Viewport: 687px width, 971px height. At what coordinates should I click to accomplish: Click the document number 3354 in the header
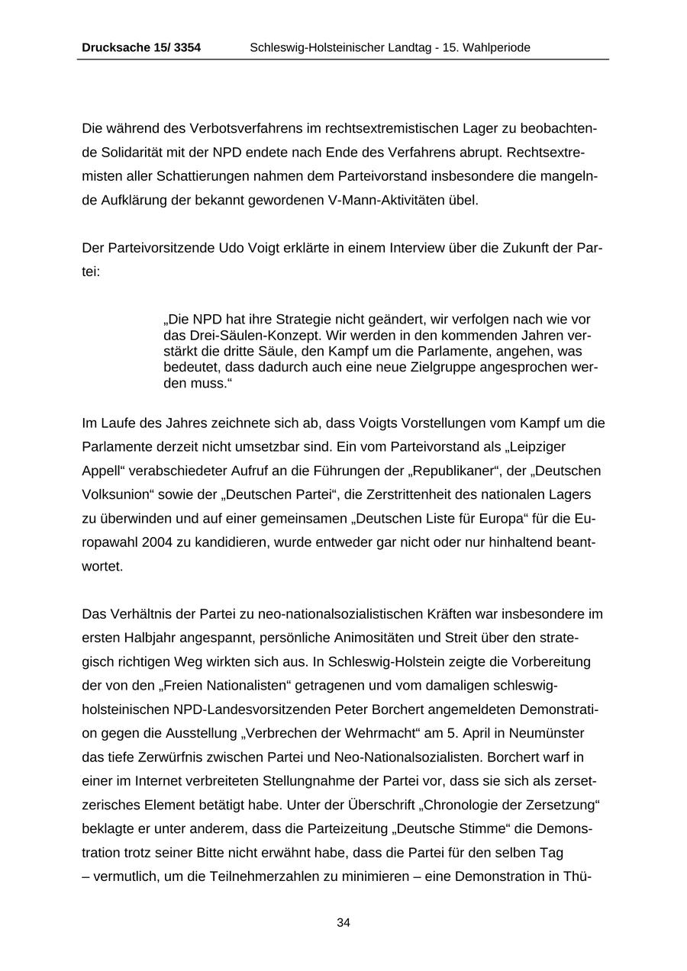click(x=187, y=47)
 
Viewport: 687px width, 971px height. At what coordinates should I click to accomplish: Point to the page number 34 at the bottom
click(x=343, y=922)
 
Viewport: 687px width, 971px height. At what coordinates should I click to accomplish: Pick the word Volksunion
click(x=115, y=494)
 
